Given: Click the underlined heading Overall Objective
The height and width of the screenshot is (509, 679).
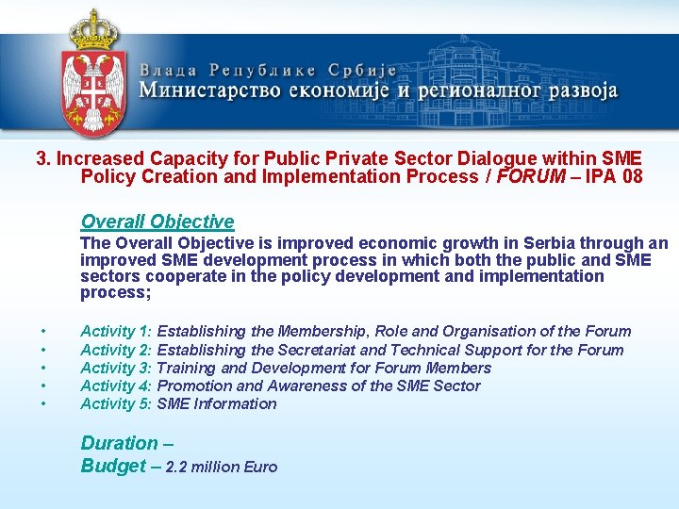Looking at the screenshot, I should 157,222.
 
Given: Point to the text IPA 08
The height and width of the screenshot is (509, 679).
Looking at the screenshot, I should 613,176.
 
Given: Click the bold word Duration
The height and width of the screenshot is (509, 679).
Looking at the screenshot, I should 120,443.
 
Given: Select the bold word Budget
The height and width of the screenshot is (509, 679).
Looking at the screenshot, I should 113,466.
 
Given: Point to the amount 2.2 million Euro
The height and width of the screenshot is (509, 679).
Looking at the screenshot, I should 222,467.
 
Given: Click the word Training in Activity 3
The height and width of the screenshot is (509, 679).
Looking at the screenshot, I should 187,368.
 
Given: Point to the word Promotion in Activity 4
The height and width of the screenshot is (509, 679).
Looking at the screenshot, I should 193,386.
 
